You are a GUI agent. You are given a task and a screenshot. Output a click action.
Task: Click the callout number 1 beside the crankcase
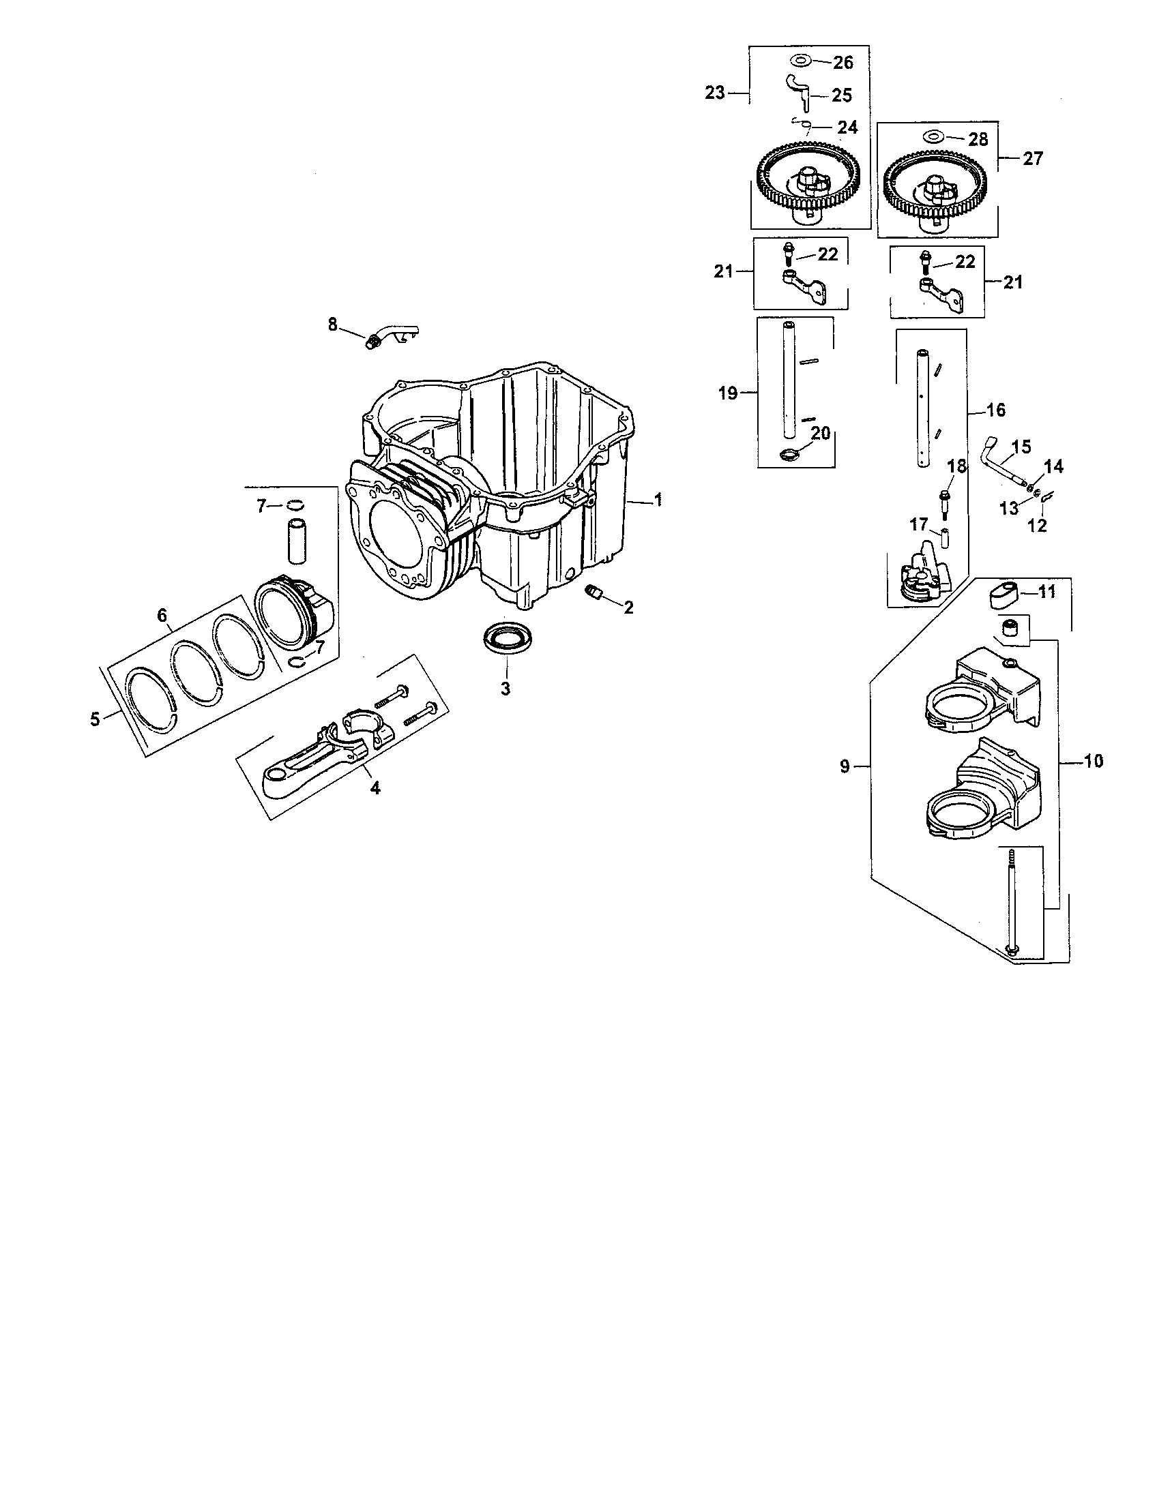pyautogui.click(x=658, y=500)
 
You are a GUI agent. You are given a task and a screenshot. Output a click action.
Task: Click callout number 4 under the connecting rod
pyautogui.click(x=375, y=788)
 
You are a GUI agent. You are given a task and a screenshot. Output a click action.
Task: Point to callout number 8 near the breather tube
pyautogui.click(x=333, y=324)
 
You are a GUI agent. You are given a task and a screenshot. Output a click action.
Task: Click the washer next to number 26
pyautogui.click(x=800, y=62)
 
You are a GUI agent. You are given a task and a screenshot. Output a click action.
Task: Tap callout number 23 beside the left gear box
pyautogui.click(x=715, y=93)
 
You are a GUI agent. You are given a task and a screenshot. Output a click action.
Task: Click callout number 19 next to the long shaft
pyautogui.click(x=728, y=393)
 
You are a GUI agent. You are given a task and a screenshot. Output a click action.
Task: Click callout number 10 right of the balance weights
pyautogui.click(x=1094, y=761)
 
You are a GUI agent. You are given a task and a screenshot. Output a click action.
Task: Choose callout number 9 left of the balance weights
pyautogui.click(x=845, y=766)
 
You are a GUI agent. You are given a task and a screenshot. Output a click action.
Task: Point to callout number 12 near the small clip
pyautogui.click(x=1037, y=527)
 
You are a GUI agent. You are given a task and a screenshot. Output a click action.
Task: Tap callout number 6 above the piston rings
pyautogui.click(x=162, y=616)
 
